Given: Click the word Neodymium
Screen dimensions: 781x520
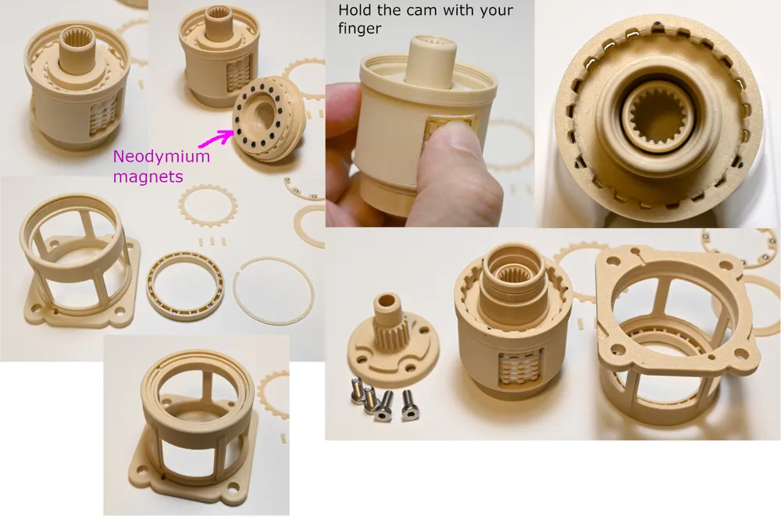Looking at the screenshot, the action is [162, 157].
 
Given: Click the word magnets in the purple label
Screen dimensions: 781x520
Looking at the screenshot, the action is [148, 176].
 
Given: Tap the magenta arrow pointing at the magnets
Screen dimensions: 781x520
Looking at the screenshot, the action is [216, 138].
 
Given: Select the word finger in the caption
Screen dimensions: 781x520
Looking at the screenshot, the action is [359, 29].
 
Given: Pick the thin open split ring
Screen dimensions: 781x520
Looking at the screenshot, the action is [273, 291].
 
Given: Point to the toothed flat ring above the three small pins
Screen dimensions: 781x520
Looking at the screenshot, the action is [209, 205].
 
